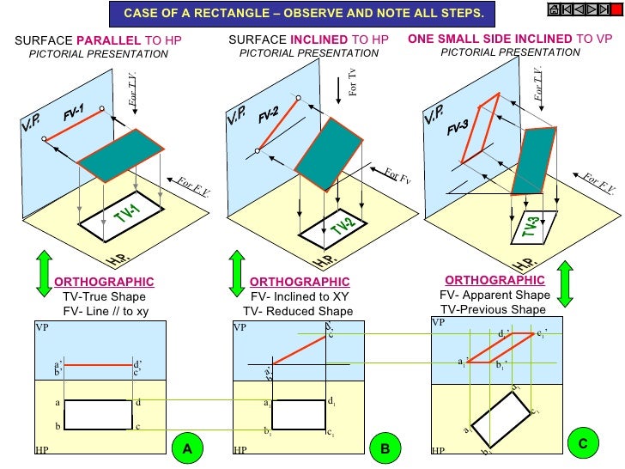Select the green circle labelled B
385,448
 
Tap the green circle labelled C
583,443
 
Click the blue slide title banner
303,14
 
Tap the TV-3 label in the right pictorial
532,228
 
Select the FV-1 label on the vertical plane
74,113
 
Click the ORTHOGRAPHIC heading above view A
104,282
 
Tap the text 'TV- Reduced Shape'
298,311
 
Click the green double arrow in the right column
565,284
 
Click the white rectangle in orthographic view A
98,414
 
